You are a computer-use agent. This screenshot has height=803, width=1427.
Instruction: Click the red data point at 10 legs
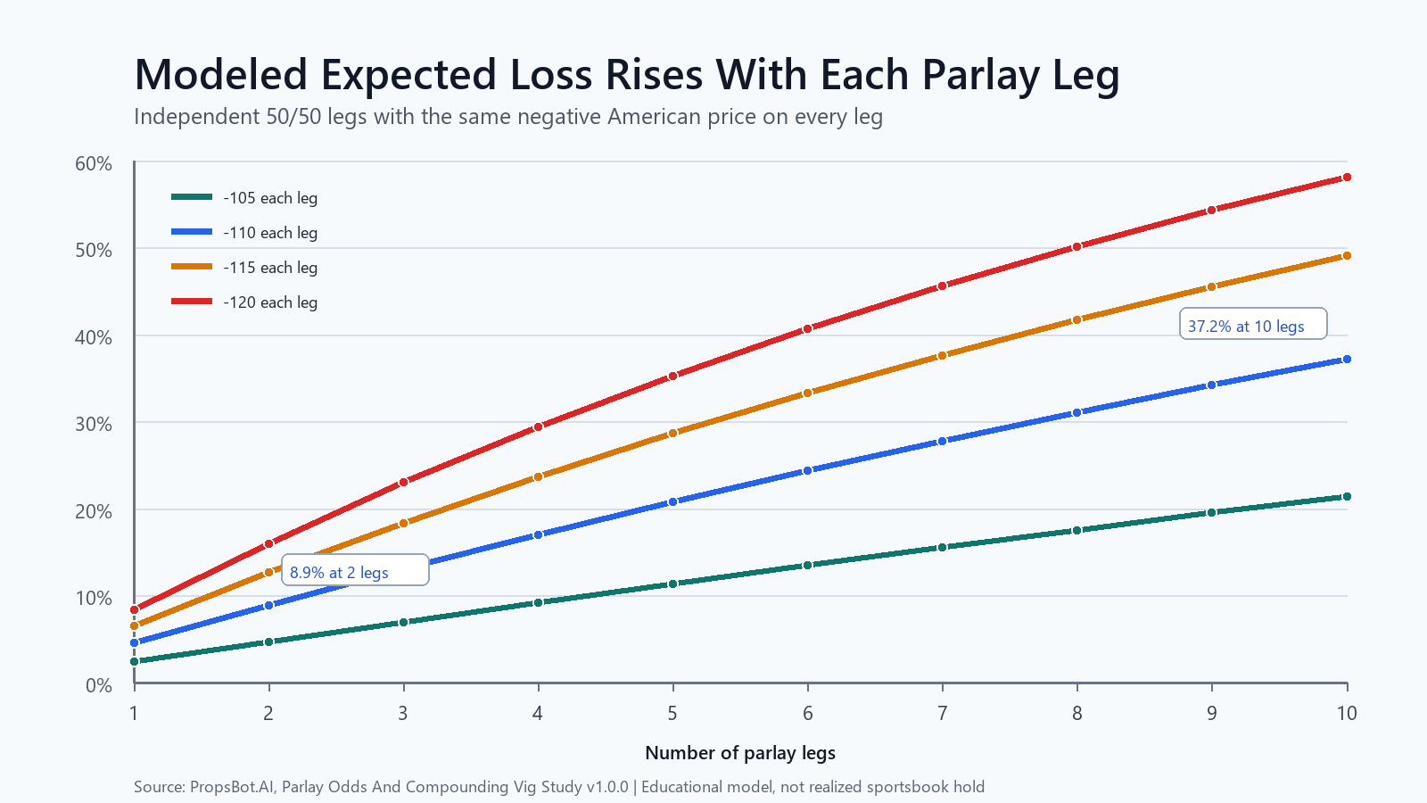(1347, 178)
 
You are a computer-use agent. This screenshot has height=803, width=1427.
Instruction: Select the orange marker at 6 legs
(808, 393)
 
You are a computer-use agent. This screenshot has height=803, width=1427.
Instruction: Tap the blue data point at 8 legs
(1077, 413)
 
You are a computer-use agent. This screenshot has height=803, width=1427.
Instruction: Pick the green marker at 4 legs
(539, 603)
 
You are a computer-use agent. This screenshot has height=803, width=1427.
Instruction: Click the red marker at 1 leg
(135, 610)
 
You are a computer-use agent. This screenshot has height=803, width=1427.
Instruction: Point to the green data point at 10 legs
(1347, 496)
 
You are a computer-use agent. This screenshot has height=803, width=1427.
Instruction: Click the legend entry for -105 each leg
(244, 197)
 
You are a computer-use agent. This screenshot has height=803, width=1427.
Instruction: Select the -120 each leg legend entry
(244, 302)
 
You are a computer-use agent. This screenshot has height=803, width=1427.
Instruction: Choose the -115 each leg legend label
(270, 268)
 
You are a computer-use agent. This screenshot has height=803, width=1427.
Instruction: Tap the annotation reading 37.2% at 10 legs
(1253, 324)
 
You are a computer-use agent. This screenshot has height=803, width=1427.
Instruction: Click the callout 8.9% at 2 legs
(356, 570)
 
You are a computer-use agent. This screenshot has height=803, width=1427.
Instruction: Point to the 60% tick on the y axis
(94, 164)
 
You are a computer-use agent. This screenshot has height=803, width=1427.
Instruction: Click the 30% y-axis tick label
(94, 425)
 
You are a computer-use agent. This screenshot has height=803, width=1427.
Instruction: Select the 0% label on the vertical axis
(99, 686)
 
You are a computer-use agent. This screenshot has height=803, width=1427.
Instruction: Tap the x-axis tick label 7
(942, 713)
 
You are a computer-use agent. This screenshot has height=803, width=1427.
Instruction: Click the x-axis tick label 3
(403, 713)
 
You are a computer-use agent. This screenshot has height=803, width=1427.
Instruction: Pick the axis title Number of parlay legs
(740, 753)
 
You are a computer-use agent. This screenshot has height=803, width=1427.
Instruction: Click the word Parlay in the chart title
(981, 75)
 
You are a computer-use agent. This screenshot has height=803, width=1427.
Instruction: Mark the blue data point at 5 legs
(672, 502)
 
